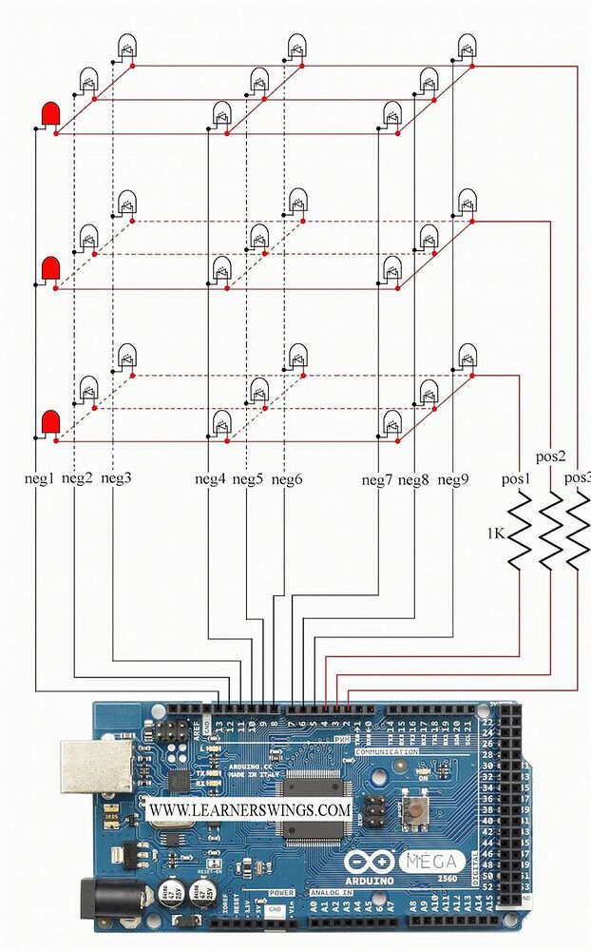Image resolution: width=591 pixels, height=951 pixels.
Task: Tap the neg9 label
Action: click(453, 478)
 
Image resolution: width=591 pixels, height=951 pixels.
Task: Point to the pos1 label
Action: click(517, 478)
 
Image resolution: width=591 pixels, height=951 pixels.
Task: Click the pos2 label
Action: click(552, 456)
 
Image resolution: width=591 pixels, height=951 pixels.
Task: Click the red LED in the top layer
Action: click(48, 116)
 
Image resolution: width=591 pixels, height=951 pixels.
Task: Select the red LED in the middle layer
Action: click(49, 269)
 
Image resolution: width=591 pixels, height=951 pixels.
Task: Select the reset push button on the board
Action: click(415, 810)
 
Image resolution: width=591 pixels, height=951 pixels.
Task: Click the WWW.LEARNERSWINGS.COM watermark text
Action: click(250, 809)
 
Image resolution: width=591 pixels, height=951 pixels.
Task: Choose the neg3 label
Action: click(115, 478)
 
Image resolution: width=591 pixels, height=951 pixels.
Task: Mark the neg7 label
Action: click(377, 478)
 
